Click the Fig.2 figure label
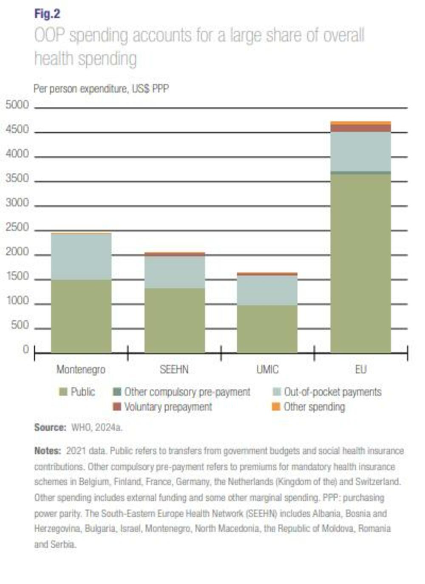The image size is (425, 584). pyautogui.click(x=47, y=14)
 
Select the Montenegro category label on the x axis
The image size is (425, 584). pyautogui.click(x=81, y=369)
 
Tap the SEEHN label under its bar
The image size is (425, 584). pyautogui.click(x=174, y=369)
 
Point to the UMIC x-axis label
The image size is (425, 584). pyautogui.click(x=267, y=369)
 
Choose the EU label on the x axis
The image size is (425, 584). pyautogui.click(x=360, y=369)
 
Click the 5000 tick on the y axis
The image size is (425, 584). pyautogui.click(x=17, y=105)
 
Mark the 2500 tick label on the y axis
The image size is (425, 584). pyautogui.click(x=17, y=228)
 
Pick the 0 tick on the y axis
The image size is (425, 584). pyautogui.click(x=26, y=350)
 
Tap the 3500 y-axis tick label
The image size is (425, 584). pyautogui.click(x=17, y=178)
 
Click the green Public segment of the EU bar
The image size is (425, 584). pyautogui.click(x=360, y=264)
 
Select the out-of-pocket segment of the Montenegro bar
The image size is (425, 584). pyautogui.click(x=81, y=256)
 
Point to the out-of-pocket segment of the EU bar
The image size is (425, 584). pyautogui.click(x=360, y=151)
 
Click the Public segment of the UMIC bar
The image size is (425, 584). pyautogui.click(x=267, y=329)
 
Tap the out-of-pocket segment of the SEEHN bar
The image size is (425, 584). pyautogui.click(x=175, y=272)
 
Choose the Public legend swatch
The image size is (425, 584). pyautogui.click(x=63, y=392)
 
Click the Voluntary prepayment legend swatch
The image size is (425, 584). pyautogui.click(x=117, y=407)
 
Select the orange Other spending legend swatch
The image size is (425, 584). pyautogui.click(x=276, y=407)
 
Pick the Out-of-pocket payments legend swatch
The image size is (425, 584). pyautogui.click(x=276, y=392)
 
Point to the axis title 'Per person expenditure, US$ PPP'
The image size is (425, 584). pyautogui.click(x=101, y=88)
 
